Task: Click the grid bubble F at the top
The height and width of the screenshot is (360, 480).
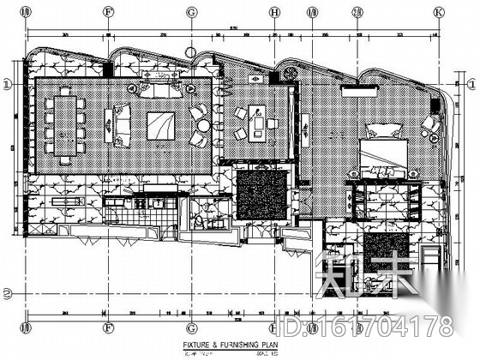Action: [109, 13]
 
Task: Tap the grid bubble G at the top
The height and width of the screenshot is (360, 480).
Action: [190, 13]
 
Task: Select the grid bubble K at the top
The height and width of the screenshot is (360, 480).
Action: [438, 13]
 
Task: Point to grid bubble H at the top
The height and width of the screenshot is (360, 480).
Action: [273, 13]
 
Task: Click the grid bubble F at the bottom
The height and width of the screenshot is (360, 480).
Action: [109, 327]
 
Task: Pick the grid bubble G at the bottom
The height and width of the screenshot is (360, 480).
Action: [190, 327]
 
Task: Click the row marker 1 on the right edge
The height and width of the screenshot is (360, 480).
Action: [471, 83]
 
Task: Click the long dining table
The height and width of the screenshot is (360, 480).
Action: [65, 123]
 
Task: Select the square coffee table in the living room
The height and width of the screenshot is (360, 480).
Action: [159, 125]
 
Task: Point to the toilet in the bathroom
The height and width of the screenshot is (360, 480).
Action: [201, 220]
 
